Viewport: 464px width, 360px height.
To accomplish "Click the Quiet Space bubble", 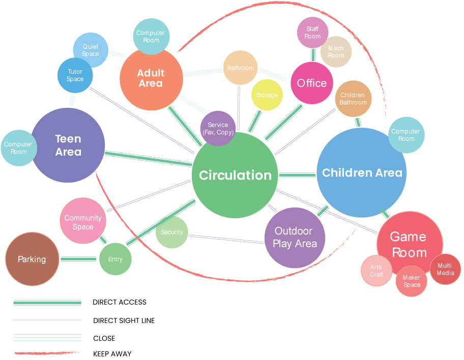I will [x=91, y=50].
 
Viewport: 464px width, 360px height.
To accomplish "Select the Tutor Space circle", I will [x=75, y=75].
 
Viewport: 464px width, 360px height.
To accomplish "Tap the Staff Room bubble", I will [x=312, y=33].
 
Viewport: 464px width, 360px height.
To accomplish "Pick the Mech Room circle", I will [x=336, y=51].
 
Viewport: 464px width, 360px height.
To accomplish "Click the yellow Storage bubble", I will [x=267, y=95].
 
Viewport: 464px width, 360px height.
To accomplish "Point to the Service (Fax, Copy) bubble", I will [x=218, y=128].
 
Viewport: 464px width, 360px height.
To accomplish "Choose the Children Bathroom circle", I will [x=353, y=99].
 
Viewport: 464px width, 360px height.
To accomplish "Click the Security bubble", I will [x=172, y=232].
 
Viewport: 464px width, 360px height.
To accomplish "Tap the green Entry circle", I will [x=115, y=259].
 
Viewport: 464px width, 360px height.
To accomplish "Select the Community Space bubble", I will [x=83, y=222].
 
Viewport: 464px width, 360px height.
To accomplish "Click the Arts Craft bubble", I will [x=376, y=271].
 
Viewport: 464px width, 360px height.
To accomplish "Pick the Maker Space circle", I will [x=412, y=281].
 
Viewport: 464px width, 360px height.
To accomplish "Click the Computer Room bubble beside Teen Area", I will [x=18, y=148].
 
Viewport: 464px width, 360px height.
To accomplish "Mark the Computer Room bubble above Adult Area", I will [x=151, y=36].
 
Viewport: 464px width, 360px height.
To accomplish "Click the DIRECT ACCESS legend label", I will [x=120, y=302].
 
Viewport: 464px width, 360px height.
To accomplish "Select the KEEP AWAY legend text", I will [x=112, y=354].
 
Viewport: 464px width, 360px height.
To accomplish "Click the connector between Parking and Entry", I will [x=78, y=259].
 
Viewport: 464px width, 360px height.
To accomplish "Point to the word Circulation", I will [x=235, y=175].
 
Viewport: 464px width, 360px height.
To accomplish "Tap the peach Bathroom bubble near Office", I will [x=240, y=68].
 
